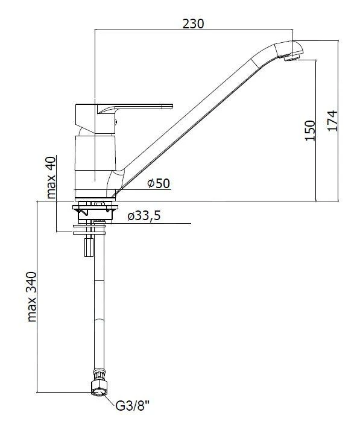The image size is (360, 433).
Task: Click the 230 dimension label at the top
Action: click(193, 24)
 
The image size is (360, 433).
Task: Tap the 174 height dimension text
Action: click(333, 121)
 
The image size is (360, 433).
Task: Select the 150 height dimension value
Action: click(310, 131)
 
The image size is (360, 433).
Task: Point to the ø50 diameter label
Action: click(159, 183)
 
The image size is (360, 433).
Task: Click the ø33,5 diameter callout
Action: click(144, 216)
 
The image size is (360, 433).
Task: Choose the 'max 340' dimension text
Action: click(32, 297)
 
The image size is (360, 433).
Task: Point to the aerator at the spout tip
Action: click(291, 58)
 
